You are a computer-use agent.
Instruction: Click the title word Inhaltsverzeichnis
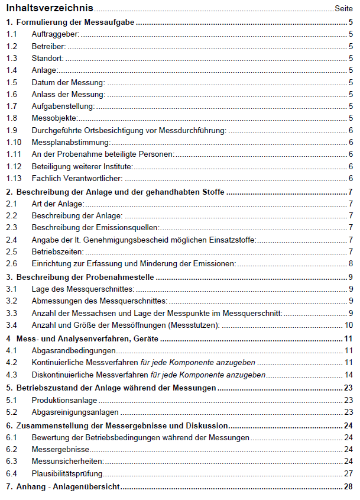pyautogui.click(x=50, y=8)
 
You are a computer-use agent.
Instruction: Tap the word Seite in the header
pyautogui.click(x=344, y=9)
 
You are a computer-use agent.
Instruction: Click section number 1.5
pyautogui.click(x=11, y=82)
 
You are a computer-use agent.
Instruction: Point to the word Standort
pyautogui.click(x=48, y=58)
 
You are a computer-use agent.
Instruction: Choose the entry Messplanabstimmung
pyautogui.click(x=71, y=142)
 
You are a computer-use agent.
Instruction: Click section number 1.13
pyautogui.click(x=14, y=178)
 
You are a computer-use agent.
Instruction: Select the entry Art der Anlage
pyautogui.click(x=58, y=204)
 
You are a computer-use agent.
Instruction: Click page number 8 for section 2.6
pyautogui.click(x=351, y=264)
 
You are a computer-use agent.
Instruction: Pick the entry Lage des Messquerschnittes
pyautogui.click(x=83, y=289)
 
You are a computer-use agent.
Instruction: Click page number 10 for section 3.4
pyautogui.click(x=349, y=325)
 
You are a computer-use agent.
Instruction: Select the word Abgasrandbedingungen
pyautogui.click(x=74, y=350)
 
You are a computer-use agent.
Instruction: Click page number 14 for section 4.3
pyautogui.click(x=349, y=375)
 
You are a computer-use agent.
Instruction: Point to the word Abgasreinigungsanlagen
pyautogui.click(x=76, y=412)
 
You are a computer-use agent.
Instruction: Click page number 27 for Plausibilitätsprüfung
pyautogui.click(x=349, y=473)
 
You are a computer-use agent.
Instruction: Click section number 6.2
pyautogui.click(x=11, y=449)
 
